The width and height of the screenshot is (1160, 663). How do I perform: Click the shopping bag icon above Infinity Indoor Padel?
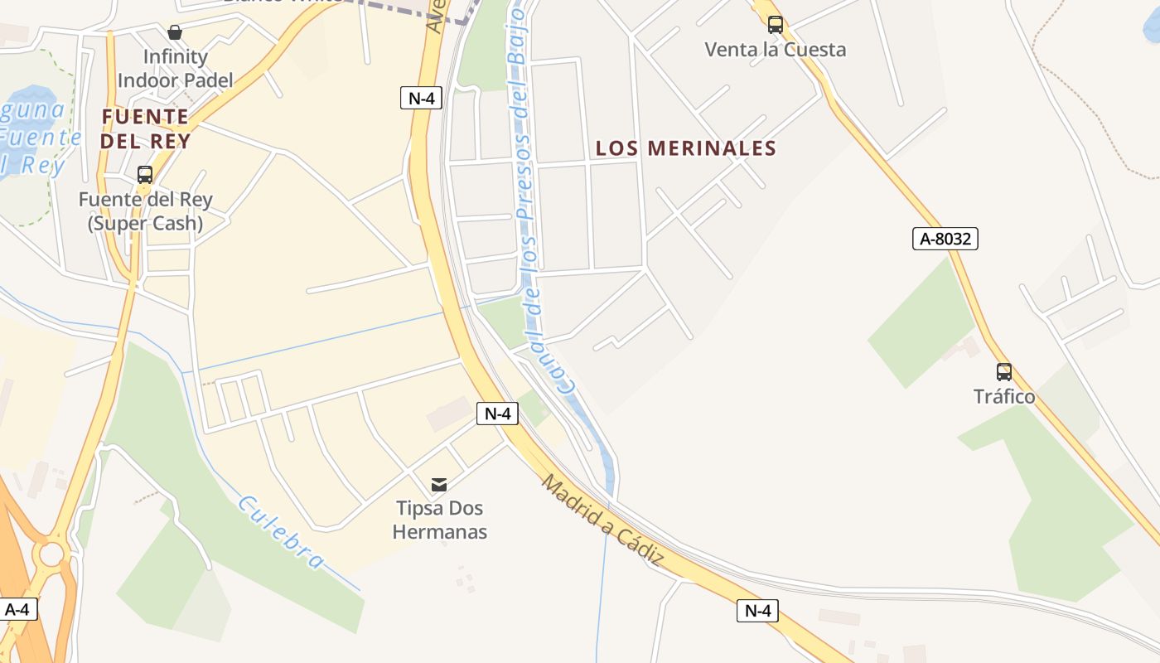(175, 32)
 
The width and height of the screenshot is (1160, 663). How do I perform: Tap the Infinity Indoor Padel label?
(175, 69)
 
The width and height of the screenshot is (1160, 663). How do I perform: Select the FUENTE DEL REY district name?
(145, 128)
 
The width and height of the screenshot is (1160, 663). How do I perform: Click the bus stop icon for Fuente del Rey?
(145, 175)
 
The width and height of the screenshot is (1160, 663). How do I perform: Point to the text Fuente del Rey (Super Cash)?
(146, 211)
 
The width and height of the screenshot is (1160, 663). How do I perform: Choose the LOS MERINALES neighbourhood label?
(686, 148)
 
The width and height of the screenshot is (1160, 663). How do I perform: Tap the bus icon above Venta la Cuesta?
(776, 25)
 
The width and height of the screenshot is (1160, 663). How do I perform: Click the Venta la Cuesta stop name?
(776, 50)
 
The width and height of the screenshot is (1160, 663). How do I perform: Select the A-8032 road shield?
(945, 240)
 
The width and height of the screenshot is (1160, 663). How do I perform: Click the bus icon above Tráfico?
(1004, 372)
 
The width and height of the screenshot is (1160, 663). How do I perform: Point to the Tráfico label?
(1004, 397)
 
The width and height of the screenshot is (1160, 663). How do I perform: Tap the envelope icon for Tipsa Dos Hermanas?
(439, 484)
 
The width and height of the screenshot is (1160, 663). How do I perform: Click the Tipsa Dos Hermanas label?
(439, 520)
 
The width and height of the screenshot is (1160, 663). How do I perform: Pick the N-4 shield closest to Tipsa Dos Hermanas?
(497, 414)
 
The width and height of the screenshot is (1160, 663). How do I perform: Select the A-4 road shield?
(17, 610)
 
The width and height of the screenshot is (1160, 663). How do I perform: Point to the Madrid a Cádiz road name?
(603, 520)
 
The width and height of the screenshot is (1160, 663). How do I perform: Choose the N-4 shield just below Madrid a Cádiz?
(757, 612)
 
